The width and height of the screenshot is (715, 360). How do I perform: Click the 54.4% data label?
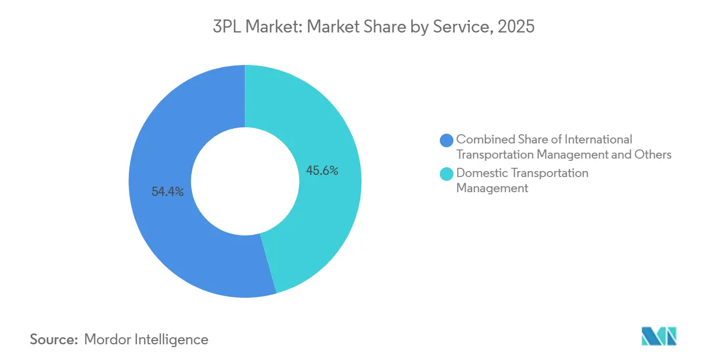pyautogui.click(x=167, y=192)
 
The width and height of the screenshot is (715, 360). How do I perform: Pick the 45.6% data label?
pyautogui.click(x=322, y=171)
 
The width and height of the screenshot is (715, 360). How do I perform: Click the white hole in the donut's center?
pyautogui.click(x=245, y=181)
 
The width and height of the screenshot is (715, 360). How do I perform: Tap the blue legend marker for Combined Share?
pyautogui.click(x=447, y=140)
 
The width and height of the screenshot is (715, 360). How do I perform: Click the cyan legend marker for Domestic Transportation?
pyautogui.click(x=447, y=174)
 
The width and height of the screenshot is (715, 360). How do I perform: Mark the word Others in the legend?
pyautogui.click(x=653, y=154)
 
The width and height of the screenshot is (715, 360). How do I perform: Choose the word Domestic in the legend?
pyautogui.click(x=482, y=173)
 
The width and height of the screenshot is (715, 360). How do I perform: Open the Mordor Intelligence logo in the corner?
pyautogui.click(x=659, y=336)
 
